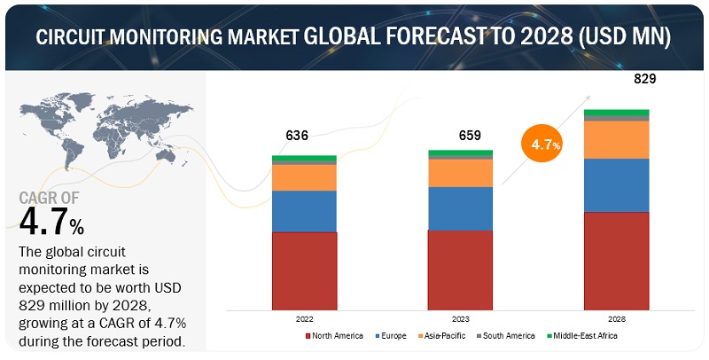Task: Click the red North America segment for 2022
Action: (x=304, y=270)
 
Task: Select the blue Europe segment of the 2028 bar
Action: (x=616, y=184)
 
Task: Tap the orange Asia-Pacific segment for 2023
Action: (x=460, y=173)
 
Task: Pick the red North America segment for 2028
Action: (x=616, y=261)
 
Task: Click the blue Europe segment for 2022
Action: (x=304, y=211)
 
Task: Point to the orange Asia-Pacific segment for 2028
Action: (x=616, y=139)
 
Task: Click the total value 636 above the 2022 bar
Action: (x=297, y=136)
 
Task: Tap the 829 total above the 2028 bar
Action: (x=644, y=79)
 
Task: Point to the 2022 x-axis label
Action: (x=303, y=317)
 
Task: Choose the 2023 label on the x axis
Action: (x=460, y=317)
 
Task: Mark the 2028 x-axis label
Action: (x=616, y=317)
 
